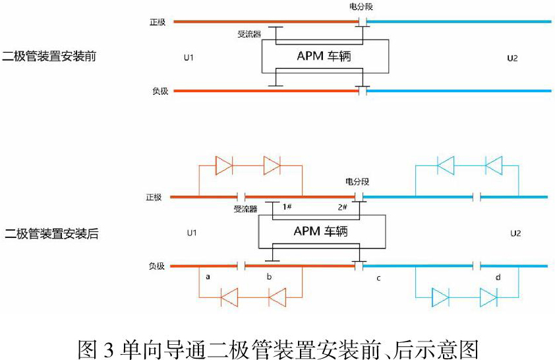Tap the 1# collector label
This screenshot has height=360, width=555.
(287, 206)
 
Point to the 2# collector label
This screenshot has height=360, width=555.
(342, 207)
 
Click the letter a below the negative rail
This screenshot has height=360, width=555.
(208, 277)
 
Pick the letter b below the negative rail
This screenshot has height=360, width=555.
(269, 276)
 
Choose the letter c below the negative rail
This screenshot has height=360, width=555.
(378, 278)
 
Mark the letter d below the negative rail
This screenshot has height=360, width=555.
(498, 277)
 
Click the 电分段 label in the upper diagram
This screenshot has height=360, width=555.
(361, 7)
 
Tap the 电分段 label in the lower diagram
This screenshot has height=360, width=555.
(357, 181)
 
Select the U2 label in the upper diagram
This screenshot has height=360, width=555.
(512, 58)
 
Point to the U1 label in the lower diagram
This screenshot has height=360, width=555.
(192, 233)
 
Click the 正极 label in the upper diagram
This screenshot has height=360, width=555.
(158, 22)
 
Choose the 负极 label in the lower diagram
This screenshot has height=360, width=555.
(156, 266)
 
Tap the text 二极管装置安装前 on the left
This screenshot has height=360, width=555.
(49, 56)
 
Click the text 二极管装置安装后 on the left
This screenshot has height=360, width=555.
(51, 233)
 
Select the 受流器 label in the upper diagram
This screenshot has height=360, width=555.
(249, 34)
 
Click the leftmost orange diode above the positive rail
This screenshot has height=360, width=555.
(223, 165)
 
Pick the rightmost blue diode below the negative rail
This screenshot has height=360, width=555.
(488, 297)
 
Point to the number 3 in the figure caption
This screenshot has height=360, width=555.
(109, 349)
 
